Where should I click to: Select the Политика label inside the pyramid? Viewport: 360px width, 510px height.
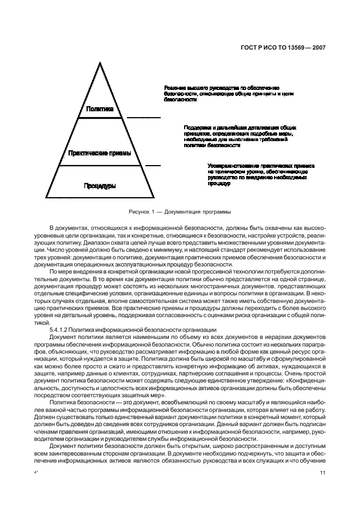click(x=100, y=109)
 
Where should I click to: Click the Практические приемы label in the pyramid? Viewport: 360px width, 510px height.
click(x=100, y=154)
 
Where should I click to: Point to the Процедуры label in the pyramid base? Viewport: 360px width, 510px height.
click(x=100, y=186)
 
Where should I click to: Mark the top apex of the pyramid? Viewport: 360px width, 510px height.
click(x=100, y=61)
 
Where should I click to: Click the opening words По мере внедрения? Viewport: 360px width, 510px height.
click(x=77, y=271)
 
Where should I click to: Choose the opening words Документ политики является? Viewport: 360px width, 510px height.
click(x=89, y=337)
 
